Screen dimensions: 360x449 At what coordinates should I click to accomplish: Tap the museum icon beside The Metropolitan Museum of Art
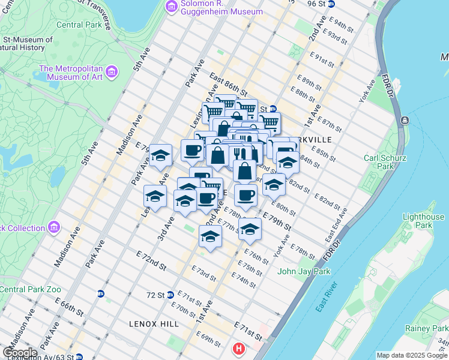point(112,73)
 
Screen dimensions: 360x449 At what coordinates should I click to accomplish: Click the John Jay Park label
point(304,271)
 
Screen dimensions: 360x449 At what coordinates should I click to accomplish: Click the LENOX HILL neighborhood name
point(154,324)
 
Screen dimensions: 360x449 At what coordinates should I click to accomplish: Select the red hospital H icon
point(239,348)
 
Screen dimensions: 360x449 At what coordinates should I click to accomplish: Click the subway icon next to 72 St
point(170,295)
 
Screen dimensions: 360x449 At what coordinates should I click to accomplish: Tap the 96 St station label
point(316,4)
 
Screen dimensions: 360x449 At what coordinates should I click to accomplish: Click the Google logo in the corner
point(20,353)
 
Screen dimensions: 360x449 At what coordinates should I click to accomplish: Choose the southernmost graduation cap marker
point(211,236)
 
